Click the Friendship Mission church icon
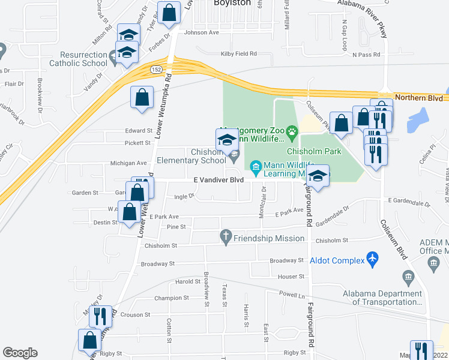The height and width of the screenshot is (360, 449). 226,238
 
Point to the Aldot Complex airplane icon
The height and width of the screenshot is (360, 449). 373,259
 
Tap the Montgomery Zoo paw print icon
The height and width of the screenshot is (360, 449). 292,131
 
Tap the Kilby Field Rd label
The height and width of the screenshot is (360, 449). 238,54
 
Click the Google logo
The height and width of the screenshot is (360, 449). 20,353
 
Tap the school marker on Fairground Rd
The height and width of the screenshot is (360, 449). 319,176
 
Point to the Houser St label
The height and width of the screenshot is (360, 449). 292,277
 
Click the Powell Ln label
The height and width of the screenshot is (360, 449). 292,294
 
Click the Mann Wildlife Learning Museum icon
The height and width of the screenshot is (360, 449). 255,165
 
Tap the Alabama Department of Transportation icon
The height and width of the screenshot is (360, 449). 408,277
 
